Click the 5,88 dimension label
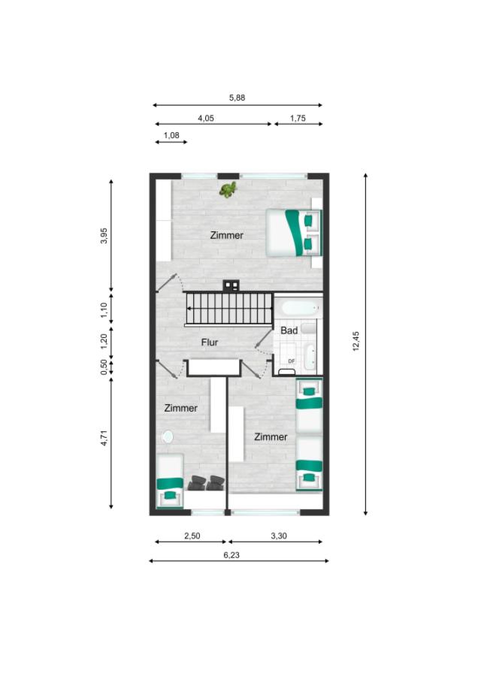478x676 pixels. [237, 98]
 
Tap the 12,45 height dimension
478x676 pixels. [356, 341]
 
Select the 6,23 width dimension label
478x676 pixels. [231, 555]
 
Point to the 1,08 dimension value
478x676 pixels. [171, 135]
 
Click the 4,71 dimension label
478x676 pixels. [104, 438]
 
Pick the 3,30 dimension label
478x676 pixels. [279, 536]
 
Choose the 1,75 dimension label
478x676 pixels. [298, 118]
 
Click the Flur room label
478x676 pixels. [210, 343]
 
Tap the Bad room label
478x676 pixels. [289, 330]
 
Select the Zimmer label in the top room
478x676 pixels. [227, 235]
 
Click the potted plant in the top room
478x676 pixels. [228, 189]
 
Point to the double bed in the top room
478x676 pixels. [294, 233]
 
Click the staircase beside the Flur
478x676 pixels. [229, 309]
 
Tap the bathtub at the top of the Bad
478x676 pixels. [299, 308]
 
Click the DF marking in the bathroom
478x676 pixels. [292, 361]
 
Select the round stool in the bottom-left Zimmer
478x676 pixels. [168, 436]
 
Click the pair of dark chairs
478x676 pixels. [206, 483]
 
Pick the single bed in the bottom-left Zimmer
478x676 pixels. [170, 481]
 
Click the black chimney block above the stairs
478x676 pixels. [231, 285]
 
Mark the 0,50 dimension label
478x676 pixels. [104, 367]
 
